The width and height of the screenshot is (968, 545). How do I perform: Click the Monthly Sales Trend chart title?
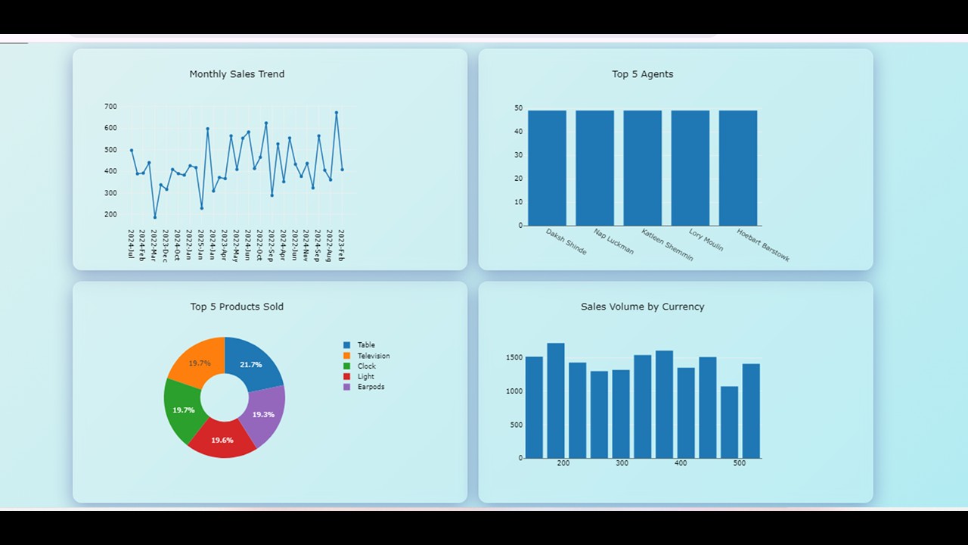[237, 74]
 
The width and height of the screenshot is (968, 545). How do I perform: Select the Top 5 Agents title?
[642, 74]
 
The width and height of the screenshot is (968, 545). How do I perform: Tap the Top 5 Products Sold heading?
[237, 307]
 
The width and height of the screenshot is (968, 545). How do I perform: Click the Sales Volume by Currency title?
[642, 307]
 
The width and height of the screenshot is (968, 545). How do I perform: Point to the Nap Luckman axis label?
[613, 241]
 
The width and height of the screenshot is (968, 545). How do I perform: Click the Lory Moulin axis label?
[706, 240]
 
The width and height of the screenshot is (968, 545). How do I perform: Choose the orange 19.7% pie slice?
[199, 363]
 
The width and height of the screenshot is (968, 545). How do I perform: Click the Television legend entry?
[373, 356]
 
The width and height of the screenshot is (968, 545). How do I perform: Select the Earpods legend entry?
[371, 387]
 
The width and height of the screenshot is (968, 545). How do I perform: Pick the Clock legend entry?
[366, 366]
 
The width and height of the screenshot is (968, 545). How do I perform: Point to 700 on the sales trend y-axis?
[110, 107]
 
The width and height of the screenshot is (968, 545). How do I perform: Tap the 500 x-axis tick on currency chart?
[739, 463]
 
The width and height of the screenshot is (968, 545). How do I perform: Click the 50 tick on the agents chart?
[518, 108]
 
